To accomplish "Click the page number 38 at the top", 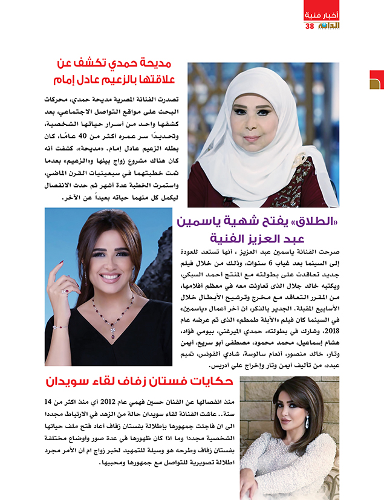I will coord(310,26).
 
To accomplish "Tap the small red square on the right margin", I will coord(376,79).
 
